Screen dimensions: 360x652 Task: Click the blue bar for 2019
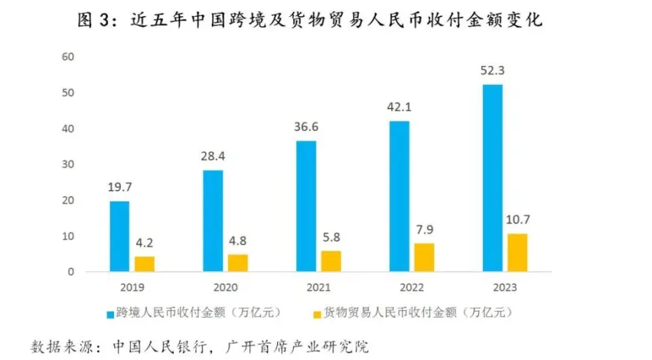pos(120,236)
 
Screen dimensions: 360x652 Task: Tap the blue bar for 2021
pos(306,206)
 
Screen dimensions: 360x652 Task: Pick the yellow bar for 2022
pos(424,257)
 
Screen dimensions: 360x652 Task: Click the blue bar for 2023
pos(492,178)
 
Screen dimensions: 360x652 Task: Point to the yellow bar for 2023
pos(518,253)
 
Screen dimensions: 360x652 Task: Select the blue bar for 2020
pos(213,221)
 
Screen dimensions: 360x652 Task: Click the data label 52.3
pos(492,71)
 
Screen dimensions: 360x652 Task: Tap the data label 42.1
pos(399,107)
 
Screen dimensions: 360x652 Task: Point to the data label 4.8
pos(238,241)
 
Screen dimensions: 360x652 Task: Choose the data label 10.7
pos(518,220)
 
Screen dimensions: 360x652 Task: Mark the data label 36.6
pos(306,127)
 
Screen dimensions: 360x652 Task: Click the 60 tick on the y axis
pos(67,56)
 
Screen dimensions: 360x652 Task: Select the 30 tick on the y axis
pos(67,164)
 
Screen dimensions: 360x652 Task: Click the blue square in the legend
pos(109,313)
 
